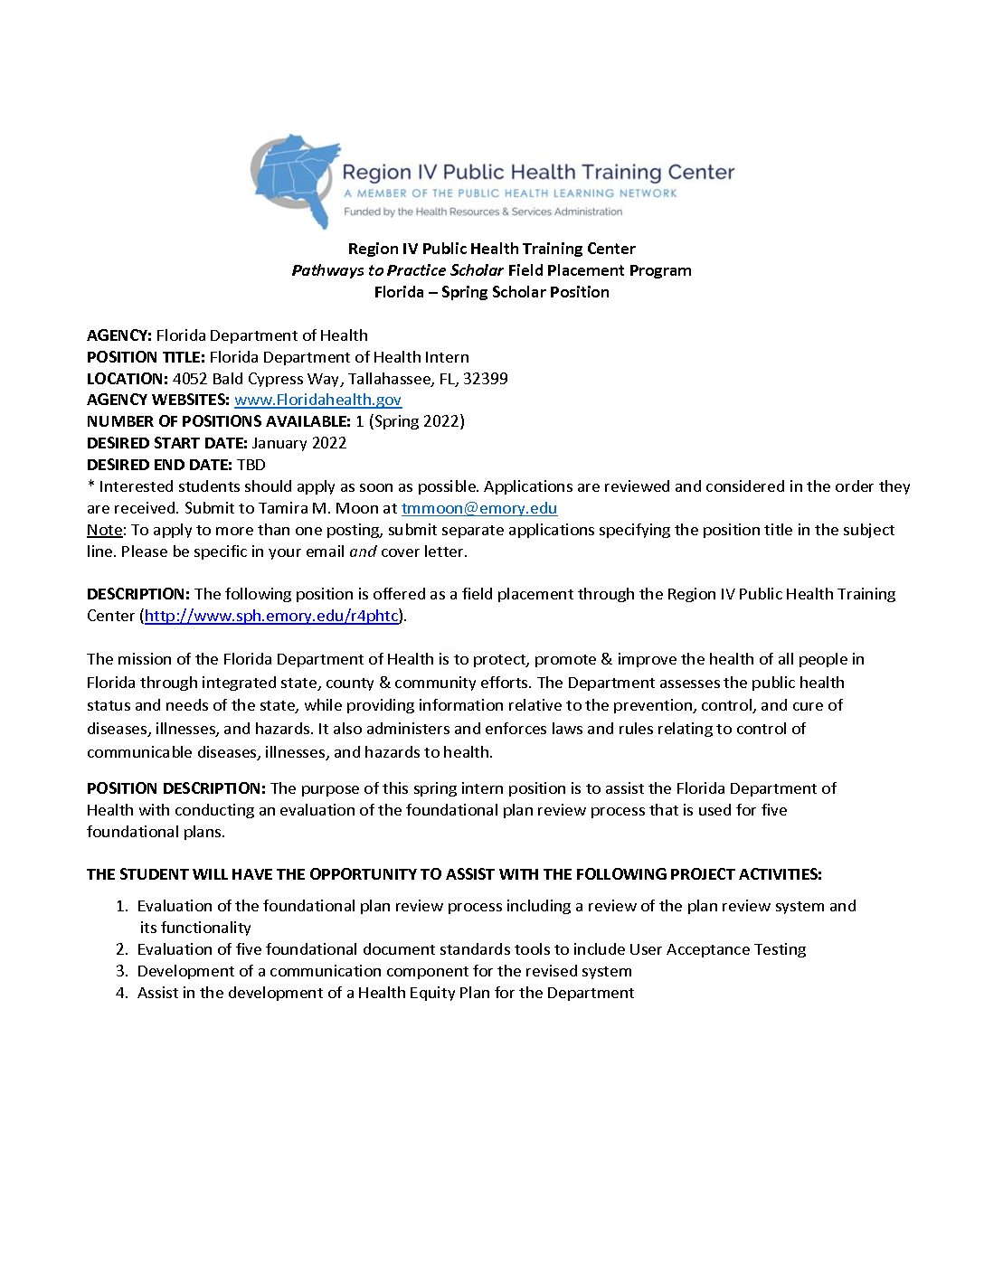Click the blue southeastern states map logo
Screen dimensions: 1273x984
296,179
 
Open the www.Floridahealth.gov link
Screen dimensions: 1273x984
317,400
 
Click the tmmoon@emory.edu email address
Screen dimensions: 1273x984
479,508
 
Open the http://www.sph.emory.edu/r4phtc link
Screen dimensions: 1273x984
271,616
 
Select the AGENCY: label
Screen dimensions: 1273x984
119,335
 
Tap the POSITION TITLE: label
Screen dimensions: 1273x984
146,357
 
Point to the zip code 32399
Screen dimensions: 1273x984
485,379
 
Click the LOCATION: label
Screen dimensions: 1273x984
128,379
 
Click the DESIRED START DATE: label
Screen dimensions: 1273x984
167,443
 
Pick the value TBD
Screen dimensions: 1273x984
251,465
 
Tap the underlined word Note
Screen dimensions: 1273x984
104,530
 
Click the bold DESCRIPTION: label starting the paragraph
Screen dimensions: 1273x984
138,594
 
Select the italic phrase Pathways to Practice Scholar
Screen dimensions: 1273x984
398,270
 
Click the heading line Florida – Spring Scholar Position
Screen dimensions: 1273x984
491,292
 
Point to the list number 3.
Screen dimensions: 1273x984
122,971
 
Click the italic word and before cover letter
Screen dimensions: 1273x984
363,552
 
